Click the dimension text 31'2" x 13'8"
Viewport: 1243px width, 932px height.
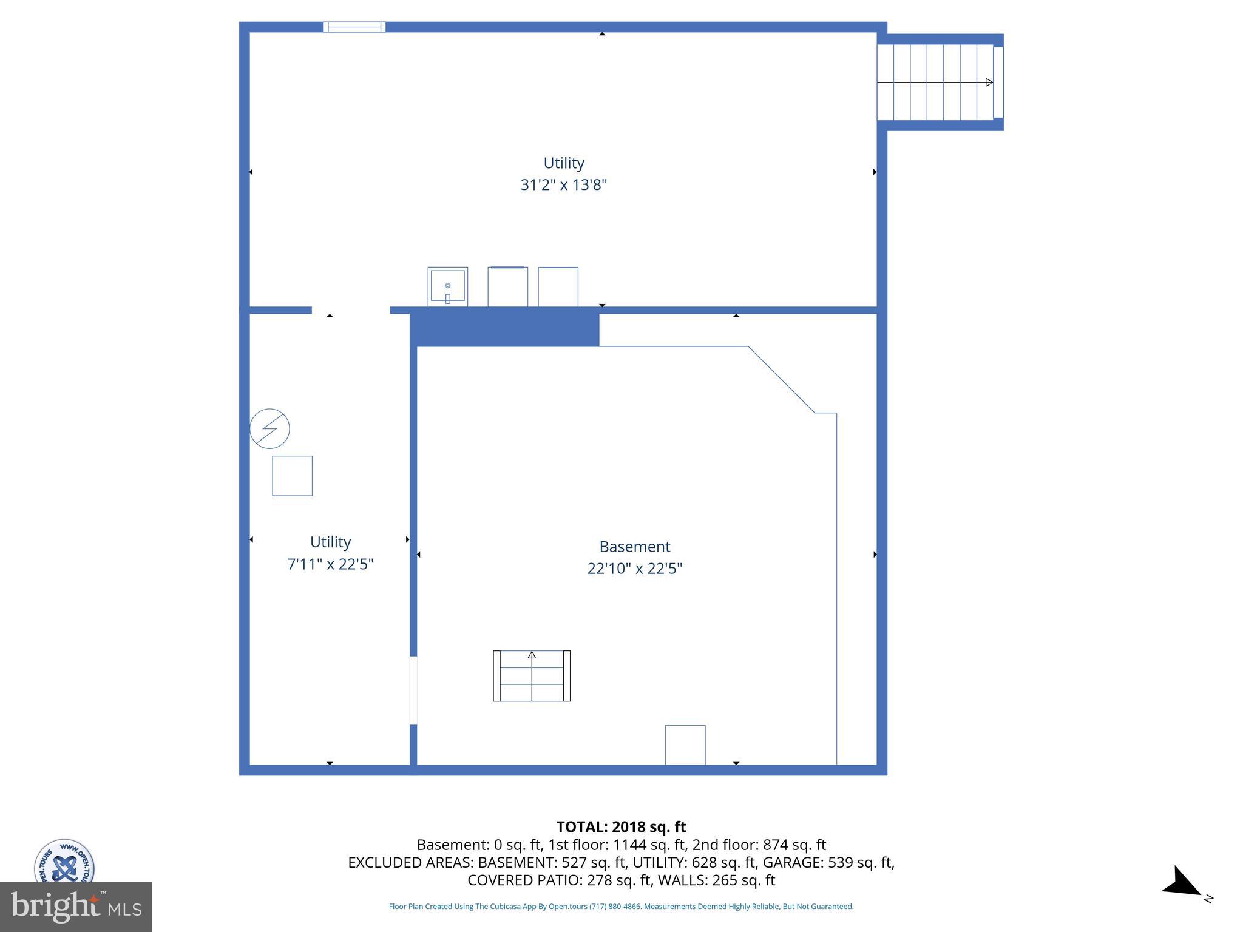(x=563, y=185)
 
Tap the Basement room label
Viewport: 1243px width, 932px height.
(x=634, y=547)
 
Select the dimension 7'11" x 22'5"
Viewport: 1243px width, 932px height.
(x=330, y=564)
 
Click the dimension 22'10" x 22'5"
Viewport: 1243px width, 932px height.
(x=634, y=569)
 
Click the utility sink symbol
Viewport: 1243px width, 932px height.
(x=447, y=286)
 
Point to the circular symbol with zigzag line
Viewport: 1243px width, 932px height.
(x=269, y=429)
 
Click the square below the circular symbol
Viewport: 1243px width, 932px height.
(x=292, y=476)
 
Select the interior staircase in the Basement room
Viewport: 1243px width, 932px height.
(x=531, y=676)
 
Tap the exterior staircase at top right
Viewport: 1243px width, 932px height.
(x=938, y=82)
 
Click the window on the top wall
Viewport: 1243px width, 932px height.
(x=354, y=27)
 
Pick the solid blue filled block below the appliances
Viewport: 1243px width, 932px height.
(x=504, y=328)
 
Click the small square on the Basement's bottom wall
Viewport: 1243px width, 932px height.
(x=685, y=745)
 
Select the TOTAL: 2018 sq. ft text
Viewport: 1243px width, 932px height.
(x=621, y=827)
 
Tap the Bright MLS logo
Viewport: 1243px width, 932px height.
(x=75, y=907)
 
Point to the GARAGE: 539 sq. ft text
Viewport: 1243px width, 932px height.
(x=828, y=862)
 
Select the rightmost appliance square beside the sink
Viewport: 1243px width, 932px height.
(x=558, y=287)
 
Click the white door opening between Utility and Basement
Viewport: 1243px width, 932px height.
(x=413, y=691)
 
